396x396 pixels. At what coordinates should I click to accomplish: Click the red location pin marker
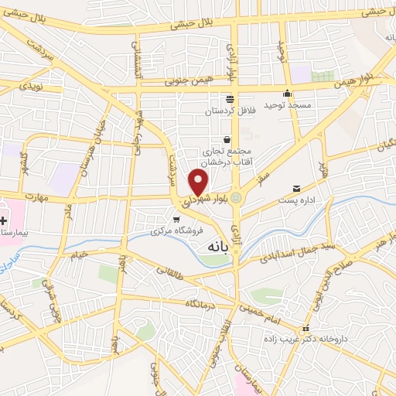(x=199, y=183)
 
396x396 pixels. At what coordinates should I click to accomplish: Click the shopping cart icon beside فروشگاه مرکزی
(x=177, y=220)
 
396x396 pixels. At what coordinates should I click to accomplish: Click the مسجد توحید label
(x=287, y=104)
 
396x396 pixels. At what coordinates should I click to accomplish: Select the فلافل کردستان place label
(x=229, y=111)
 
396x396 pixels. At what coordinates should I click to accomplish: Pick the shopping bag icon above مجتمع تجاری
(x=227, y=139)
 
